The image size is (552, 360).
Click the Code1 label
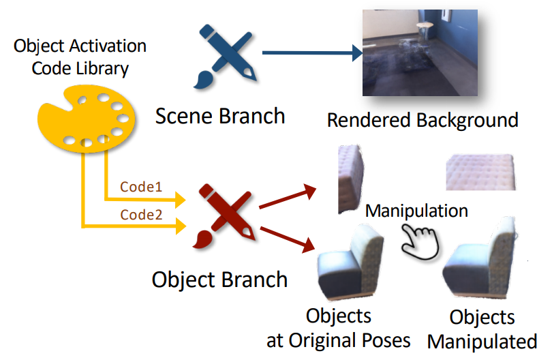click(142, 186)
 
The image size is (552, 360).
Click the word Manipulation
click(416, 210)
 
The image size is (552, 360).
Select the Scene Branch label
click(220, 116)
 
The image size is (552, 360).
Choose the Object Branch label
click(219, 280)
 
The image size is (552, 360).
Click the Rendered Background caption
click(423, 121)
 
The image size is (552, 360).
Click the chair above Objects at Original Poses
click(350, 262)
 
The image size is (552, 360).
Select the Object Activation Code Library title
click(80, 57)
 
